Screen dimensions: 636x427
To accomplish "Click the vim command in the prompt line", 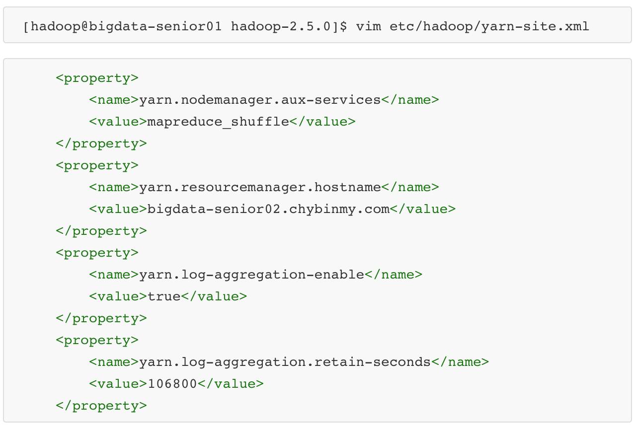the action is coord(368,26).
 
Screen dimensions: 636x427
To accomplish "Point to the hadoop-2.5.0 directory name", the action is coord(281,26).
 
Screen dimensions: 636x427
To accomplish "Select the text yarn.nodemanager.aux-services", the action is coord(260,100).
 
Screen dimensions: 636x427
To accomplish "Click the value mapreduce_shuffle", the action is coord(218,122).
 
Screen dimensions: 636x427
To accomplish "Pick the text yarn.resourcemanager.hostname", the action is coord(260,187).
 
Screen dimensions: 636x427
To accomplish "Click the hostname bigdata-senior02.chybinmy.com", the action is coord(268,209).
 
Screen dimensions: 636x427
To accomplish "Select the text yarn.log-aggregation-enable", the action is coord(251,275).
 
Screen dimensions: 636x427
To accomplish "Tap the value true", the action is coord(164,296).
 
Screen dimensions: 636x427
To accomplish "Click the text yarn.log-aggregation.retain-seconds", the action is coord(285,362).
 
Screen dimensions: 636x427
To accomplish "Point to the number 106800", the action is coord(172,384).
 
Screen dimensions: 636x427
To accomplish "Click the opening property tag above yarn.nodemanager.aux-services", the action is coord(97,78).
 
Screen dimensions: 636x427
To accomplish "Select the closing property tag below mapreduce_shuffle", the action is coord(101,143).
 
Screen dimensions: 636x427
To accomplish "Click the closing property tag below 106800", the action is coord(101,406).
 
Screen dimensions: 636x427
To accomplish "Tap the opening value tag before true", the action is coord(118,296).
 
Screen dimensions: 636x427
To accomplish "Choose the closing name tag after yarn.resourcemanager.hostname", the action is coord(410,187).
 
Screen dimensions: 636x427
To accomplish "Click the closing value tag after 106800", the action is coord(231,384).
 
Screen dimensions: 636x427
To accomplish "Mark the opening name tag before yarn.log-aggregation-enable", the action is coord(114,275).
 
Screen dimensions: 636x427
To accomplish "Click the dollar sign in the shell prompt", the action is coord(343,26).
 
